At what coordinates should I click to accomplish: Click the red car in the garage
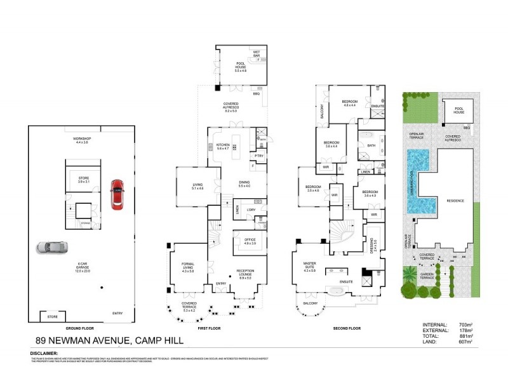tap(117, 194)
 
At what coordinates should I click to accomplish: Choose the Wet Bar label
tap(257, 53)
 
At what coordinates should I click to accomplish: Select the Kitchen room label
tap(222, 146)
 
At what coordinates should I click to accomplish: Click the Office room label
tap(250, 241)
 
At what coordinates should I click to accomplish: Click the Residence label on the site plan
tap(455, 201)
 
